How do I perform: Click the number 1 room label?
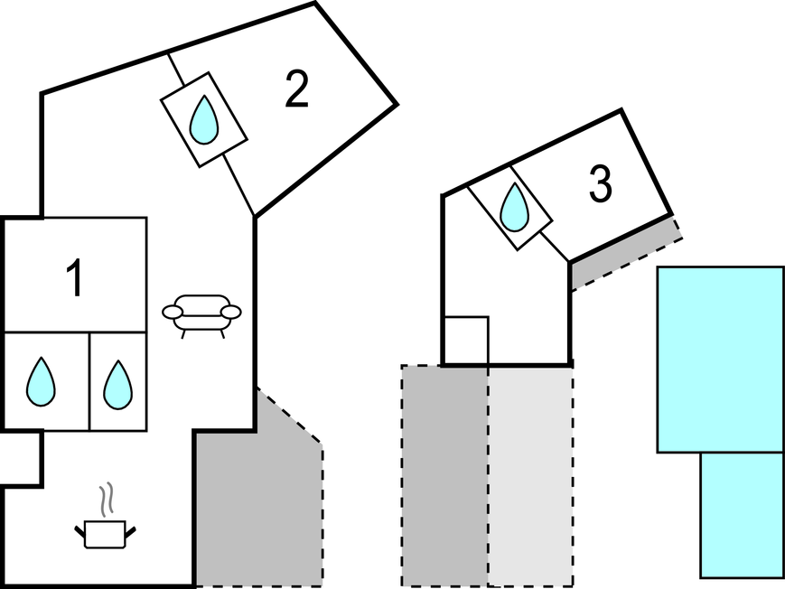pos(75,278)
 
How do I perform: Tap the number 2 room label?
pos(296,89)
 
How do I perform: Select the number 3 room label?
pos(600,184)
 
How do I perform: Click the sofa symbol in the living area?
pos(201,313)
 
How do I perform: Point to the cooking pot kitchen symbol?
pos(104,533)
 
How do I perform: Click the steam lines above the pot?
pos(107,498)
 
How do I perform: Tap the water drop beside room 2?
pos(204,118)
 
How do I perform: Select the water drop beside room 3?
pos(514,207)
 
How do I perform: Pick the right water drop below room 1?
pos(117,384)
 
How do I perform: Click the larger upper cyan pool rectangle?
pos(719,359)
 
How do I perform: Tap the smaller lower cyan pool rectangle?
pos(741,514)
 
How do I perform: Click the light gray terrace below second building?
pos(530,474)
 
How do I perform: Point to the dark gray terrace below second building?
pos(444,474)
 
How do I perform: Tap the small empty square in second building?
pos(465,340)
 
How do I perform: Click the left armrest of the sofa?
pos(172,312)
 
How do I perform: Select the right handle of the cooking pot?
pos(134,530)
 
